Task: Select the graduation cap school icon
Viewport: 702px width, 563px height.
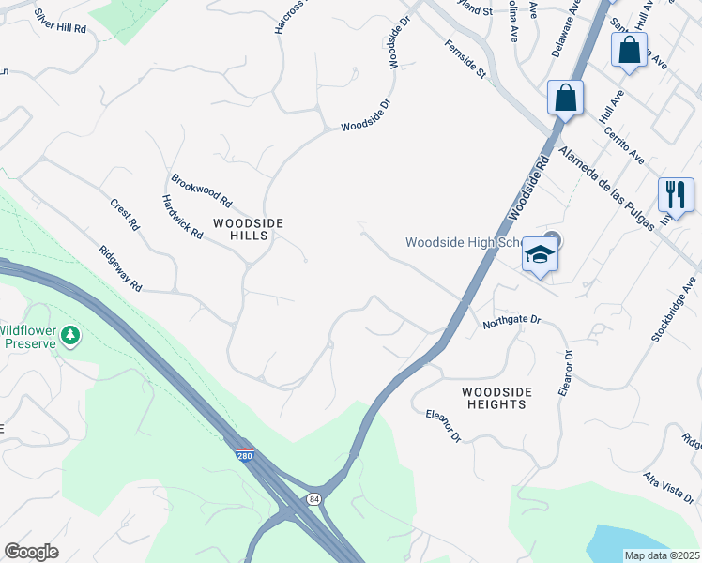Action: (540, 254)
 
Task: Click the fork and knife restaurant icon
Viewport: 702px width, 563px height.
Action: (675, 194)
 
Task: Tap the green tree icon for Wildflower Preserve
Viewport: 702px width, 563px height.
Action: (70, 335)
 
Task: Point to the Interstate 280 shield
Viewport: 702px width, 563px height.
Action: (244, 456)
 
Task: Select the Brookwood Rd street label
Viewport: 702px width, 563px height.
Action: (201, 189)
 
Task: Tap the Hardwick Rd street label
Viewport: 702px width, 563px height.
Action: (182, 217)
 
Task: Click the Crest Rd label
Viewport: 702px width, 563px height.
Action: (124, 214)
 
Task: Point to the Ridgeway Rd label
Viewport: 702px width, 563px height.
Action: (120, 268)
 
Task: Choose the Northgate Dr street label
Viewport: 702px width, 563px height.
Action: (512, 321)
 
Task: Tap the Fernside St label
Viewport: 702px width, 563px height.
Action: (465, 58)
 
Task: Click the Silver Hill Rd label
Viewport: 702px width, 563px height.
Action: (59, 23)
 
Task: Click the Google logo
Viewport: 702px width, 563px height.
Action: (31, 552)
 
